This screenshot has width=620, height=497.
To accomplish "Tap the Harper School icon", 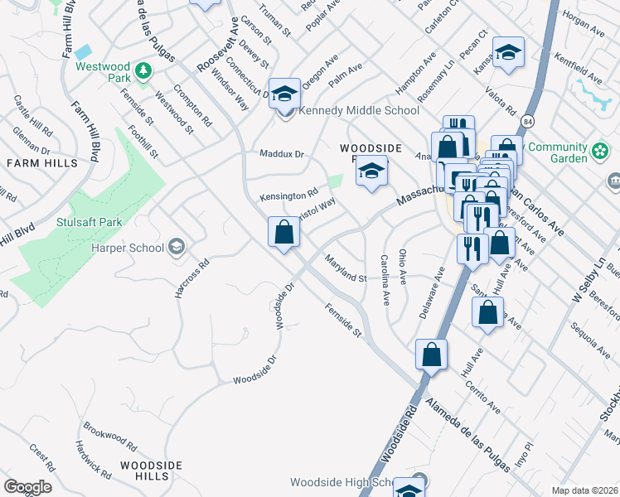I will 176,246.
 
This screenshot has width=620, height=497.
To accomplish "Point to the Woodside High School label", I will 340,482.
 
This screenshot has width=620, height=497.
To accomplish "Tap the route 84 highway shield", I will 527,122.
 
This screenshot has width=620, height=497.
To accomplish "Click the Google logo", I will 27,487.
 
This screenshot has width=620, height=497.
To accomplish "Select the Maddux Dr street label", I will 282,154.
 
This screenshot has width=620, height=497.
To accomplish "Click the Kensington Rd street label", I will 288,196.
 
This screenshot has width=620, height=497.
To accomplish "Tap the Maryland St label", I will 345,268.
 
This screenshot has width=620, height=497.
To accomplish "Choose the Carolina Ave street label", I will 385,280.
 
